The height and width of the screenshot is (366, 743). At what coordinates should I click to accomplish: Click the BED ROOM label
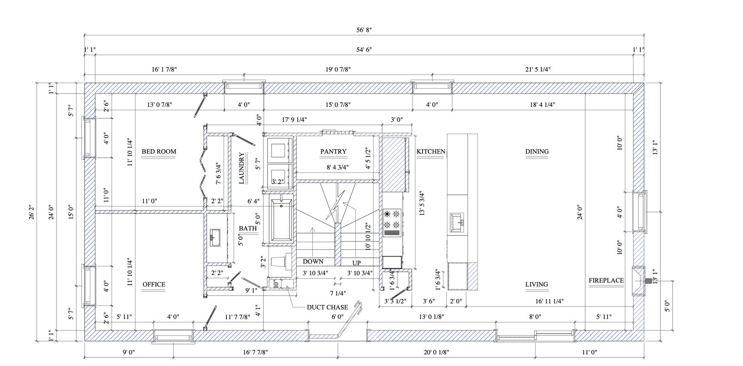(159, 152)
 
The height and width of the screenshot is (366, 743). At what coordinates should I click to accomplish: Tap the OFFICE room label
(154, 285)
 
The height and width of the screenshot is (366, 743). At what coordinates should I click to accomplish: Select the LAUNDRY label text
(242, 168)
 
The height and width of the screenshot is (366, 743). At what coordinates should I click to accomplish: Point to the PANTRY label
(333, 152)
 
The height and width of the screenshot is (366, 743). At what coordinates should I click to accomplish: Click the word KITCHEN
(431, 152)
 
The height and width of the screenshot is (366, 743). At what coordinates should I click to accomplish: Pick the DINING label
(537, 152)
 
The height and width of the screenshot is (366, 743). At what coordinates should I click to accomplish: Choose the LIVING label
(536, 285)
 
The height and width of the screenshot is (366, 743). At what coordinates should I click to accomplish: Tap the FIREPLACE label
(606, 281)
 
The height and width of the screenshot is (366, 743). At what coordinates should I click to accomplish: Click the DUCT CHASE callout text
(327, 307)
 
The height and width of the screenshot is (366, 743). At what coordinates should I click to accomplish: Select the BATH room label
(248, 229)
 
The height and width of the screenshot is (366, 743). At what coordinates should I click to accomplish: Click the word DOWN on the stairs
(313, 261)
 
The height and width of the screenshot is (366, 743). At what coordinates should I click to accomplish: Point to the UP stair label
(357, 263)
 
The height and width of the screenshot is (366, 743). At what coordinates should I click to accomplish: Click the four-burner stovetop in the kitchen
(392, 223)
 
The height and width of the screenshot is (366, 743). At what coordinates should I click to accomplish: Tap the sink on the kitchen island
(458, 223)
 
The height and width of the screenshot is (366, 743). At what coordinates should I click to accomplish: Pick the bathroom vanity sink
(214, 237)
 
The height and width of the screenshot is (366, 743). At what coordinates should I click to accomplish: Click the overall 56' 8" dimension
(364, 30)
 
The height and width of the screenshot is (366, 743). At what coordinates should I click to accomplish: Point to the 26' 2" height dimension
(31, 212)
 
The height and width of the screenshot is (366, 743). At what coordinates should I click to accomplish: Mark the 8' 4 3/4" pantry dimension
(338, 167)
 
